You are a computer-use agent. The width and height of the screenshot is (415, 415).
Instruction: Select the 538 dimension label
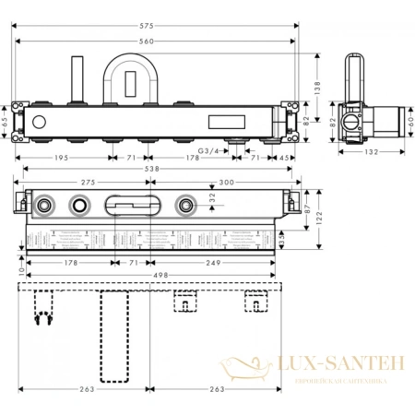[x=151, y=170]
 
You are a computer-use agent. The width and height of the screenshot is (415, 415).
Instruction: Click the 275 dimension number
[x=89, y=184]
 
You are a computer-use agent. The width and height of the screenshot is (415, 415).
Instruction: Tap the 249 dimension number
[x=215, y=262]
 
